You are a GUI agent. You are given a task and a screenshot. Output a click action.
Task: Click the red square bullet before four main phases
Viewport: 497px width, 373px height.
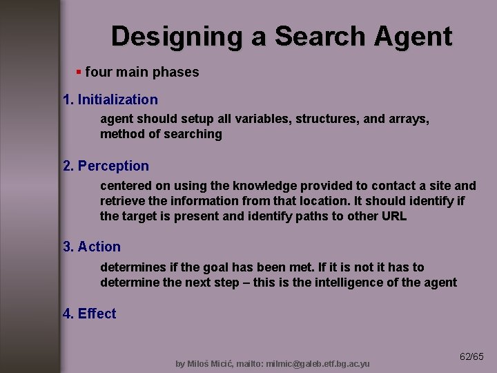click(79, 72)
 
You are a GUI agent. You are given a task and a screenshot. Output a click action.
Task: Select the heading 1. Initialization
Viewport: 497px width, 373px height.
click(110, 99)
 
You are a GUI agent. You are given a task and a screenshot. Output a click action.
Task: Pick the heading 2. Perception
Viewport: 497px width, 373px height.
click(106, 166)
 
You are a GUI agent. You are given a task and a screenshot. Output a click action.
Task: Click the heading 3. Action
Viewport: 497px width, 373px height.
click(92, 247)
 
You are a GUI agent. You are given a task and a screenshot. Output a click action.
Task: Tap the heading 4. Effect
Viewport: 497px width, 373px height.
click(90, 314)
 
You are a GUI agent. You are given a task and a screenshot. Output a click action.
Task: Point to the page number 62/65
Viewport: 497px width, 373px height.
click(471, 356)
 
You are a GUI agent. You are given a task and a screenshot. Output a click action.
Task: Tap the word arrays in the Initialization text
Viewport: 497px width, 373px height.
click(408, 119)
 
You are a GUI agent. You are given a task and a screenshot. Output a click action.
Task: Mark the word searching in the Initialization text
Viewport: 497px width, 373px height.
click(193, 134)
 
